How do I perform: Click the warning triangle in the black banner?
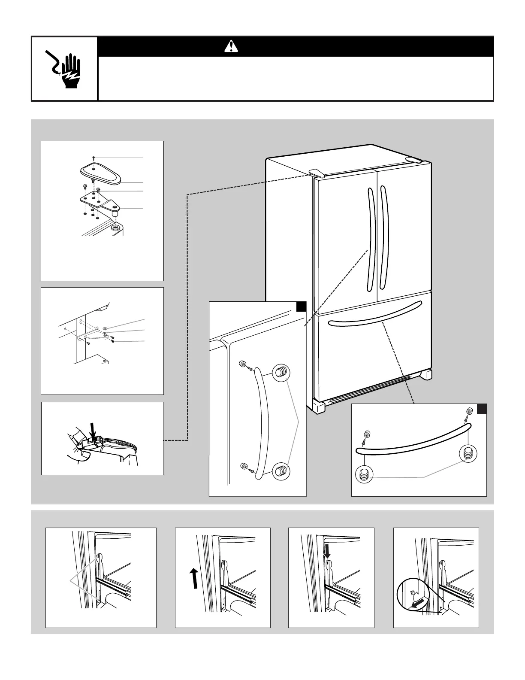pyautogui.click(x=231, y=46)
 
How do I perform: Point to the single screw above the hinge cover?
pyautogui.click(x=94, y=159)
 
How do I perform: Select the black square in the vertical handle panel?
pyautogui.click(x=301, y=306)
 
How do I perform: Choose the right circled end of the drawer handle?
pyautogui.click(x=468, y=453)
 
